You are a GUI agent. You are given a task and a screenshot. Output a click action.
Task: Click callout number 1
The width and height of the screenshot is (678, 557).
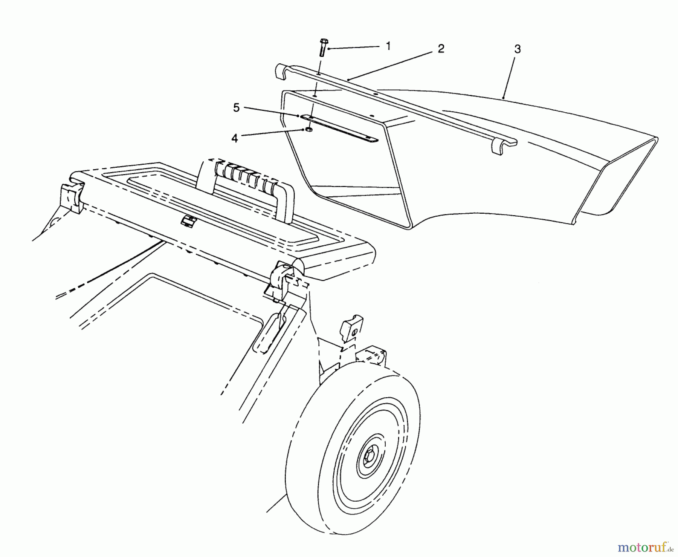(x=388, y=46)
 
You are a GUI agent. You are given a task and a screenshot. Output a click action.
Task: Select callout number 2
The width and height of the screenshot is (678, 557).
(x=441, y=49)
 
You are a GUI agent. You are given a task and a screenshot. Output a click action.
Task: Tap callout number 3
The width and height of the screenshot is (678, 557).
(x=518, y=49)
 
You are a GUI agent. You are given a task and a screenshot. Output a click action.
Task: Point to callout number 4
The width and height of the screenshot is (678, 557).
(x=235, y=139)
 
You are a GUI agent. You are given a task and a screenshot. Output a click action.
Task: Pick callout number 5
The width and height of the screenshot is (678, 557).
(x=236, y=108)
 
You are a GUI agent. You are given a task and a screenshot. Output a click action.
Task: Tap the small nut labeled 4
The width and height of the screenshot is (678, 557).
(x=308, y=130)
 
